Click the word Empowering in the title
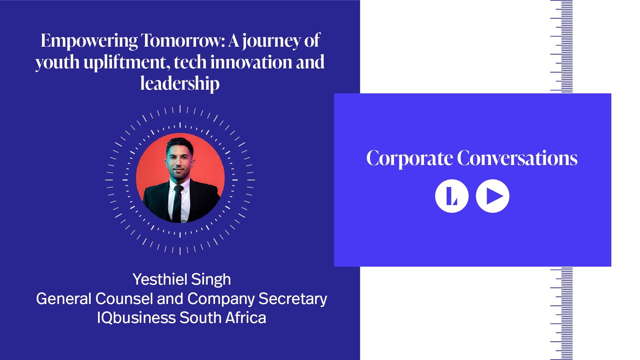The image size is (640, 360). (x=89, y=41)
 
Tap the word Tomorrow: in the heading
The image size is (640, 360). (x=183, y=40)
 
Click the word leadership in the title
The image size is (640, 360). (x=180, y=84)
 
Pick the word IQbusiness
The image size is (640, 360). (x=136, y=318)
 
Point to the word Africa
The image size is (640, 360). (x=246, y=318)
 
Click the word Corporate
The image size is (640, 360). (x=410, y=159)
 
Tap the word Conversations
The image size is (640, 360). (x=517, y=158)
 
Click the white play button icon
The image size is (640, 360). (x=493, y=196)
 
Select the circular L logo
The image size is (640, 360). (x=452, y=196)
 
